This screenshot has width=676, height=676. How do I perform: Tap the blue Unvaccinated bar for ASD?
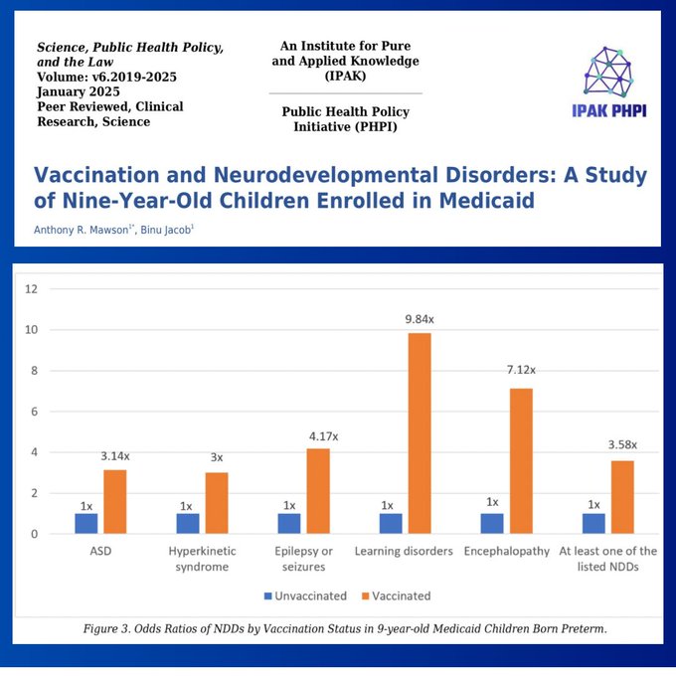click(86, 523)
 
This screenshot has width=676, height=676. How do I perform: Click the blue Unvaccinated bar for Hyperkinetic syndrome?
click(188, 523)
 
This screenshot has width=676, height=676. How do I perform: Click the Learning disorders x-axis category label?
click(404, 552)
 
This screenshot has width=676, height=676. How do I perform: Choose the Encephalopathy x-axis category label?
click(506, 552)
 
